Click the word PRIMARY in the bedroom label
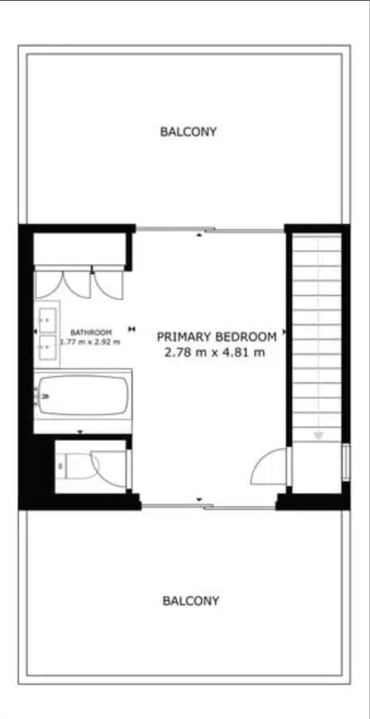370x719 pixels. tap(184, 337)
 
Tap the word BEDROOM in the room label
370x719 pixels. tap(246, 337)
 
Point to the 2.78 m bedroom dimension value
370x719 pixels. tap(185, 353)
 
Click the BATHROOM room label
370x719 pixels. tap(91, 332)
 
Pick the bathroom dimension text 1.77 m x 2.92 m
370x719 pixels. tap(90, 342)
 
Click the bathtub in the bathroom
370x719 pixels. tap(83, 395)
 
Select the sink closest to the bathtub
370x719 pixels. tap(48, 348)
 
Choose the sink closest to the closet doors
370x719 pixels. tap(48, 320)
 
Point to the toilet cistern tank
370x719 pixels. tap(61, 466)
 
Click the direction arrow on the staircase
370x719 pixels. tap(318, 435)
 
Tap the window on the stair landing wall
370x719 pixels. tap(346, 462)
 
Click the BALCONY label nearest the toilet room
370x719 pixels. tap(191, 601)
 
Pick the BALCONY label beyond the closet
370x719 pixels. tap(188, 132)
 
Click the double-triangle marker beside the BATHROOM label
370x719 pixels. tap(132, 329)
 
